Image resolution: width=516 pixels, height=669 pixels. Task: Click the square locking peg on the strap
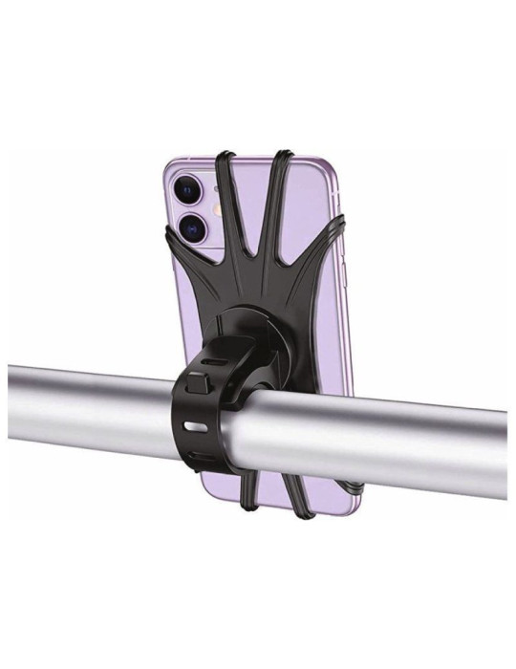pyautogui.click(x=198, y=384)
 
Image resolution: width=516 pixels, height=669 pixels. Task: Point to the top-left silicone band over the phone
pyautogui.click(x=226, y=191)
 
